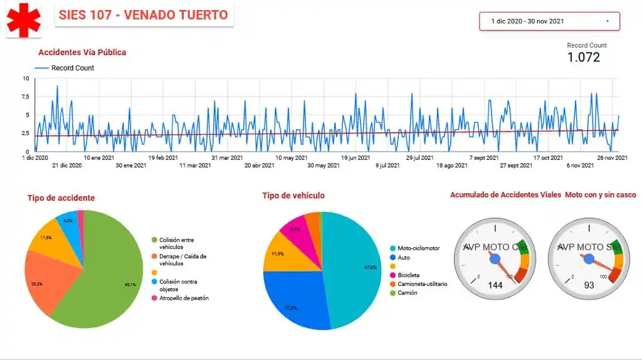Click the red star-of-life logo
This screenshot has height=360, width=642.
click(x=24, y=19)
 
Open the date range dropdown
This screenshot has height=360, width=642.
click(x=549, y=21)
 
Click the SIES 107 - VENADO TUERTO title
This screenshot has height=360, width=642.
click(x=144, y=14)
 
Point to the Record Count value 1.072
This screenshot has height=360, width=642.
click(x=583, y=58)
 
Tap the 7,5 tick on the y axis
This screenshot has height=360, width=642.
click(x=25, y=97)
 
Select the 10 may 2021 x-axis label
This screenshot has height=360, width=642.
click(x=291, y=158)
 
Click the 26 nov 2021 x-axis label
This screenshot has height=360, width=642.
click(x=612, y=158)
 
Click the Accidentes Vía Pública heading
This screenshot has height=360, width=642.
click(x=82, y=53)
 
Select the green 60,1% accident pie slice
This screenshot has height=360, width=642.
click(x=113, y=276)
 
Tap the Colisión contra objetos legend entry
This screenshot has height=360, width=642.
click(x=179, y=285)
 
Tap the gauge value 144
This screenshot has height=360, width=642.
click(x=495, y=285)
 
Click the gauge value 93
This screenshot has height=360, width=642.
click(x=589, y=285)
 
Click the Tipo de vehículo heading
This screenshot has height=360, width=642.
click(x=293, y=196)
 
